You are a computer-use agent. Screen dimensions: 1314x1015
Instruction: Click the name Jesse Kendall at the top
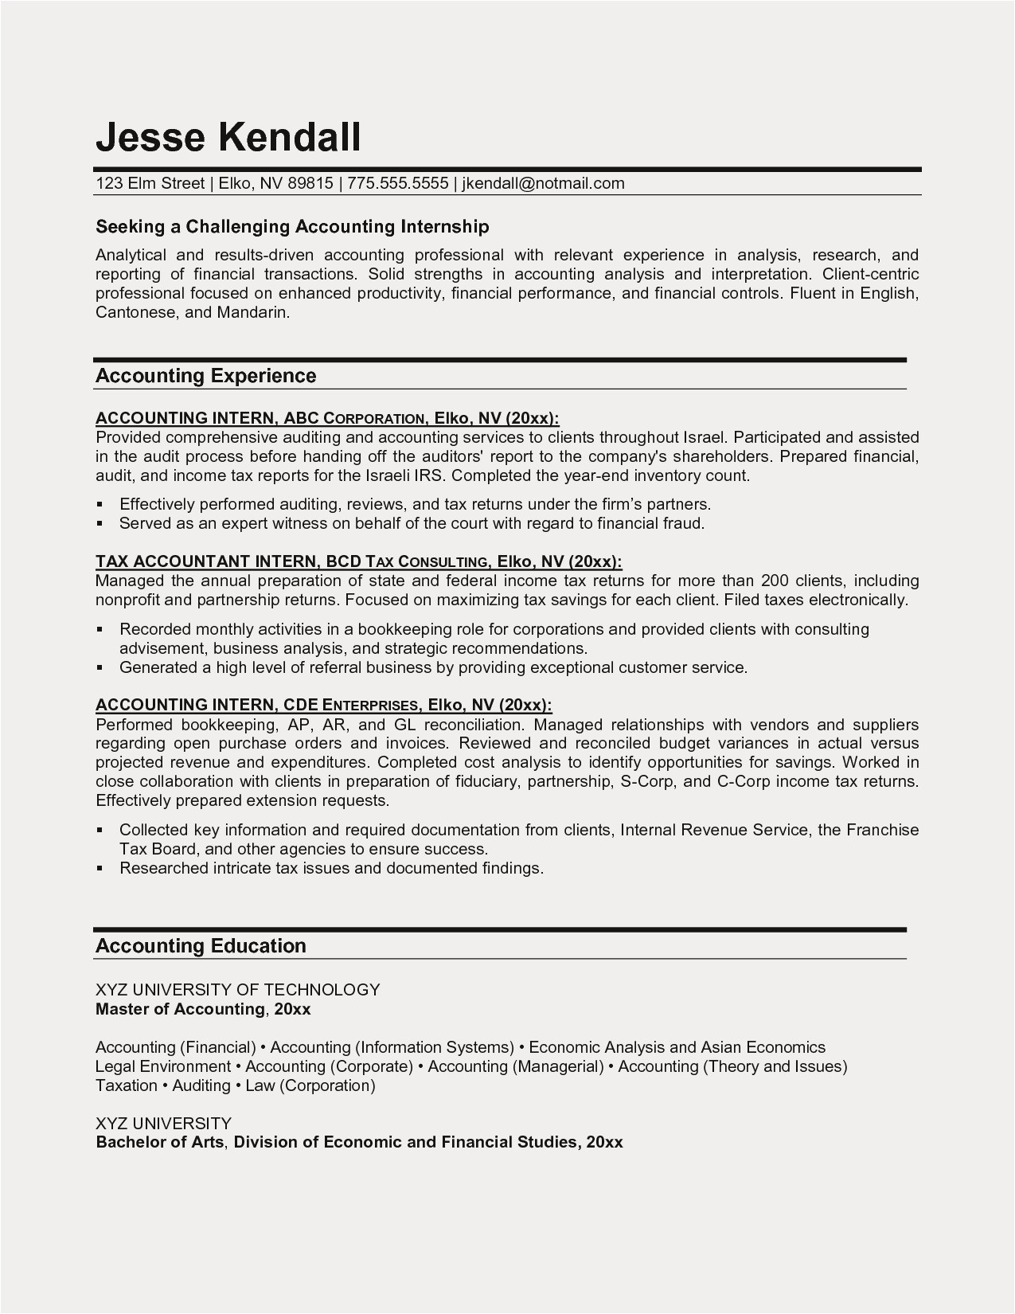(x=228, y=137)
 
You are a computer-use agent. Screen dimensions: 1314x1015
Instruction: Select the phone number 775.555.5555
(x=398, y=183)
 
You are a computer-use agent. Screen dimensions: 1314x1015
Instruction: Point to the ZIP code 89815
(x=310, y=183)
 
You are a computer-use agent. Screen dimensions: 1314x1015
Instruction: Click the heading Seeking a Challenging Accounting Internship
(x=292, y=227)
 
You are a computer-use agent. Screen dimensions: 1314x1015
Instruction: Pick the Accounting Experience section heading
(x=205, y=376)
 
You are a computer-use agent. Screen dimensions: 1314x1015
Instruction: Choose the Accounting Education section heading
(x=201, y=946)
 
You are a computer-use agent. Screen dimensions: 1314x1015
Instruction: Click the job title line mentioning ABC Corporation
(x=327, y=418)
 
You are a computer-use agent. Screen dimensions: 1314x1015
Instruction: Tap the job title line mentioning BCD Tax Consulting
(x=358, y=561)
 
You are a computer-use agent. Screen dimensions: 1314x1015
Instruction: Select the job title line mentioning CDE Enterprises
(x=323, y=705)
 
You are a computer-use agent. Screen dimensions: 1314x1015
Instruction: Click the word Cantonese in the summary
(x=135, y=312)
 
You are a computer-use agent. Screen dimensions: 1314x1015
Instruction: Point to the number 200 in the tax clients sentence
(x=775, y=581)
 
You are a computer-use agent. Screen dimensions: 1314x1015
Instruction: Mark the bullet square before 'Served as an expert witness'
(x=100, y=524)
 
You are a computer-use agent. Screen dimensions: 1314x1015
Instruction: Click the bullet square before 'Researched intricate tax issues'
(x=100, y=869)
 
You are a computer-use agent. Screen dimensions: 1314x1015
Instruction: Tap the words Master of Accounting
(x=179, y=1009)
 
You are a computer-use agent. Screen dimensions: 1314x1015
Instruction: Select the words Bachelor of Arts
(x=161, y=1142)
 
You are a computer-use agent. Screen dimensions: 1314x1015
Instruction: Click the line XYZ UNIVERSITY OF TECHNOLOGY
(x=238, y=990)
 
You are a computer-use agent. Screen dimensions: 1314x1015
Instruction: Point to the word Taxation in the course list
(x=127, y=1085)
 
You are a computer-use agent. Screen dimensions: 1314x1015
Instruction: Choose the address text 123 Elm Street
(x=150, y=183)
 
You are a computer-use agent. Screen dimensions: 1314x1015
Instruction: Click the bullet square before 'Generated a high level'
(x=100, y=668)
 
